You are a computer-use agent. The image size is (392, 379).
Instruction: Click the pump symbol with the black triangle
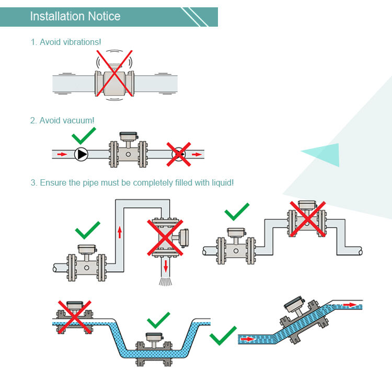tap(82, 154)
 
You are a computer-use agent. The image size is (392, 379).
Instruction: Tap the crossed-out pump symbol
tap(179, 154)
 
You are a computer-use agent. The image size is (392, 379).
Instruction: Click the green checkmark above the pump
tap(84, 135)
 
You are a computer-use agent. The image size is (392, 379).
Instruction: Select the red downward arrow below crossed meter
tap(166, 266)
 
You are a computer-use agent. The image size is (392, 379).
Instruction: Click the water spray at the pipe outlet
tap(166, 281)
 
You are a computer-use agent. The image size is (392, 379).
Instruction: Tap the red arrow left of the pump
tap(62, 154)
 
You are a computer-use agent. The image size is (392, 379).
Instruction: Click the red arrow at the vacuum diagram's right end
tap(196, 154)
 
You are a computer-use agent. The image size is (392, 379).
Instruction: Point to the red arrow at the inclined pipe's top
tap(351, 305)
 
